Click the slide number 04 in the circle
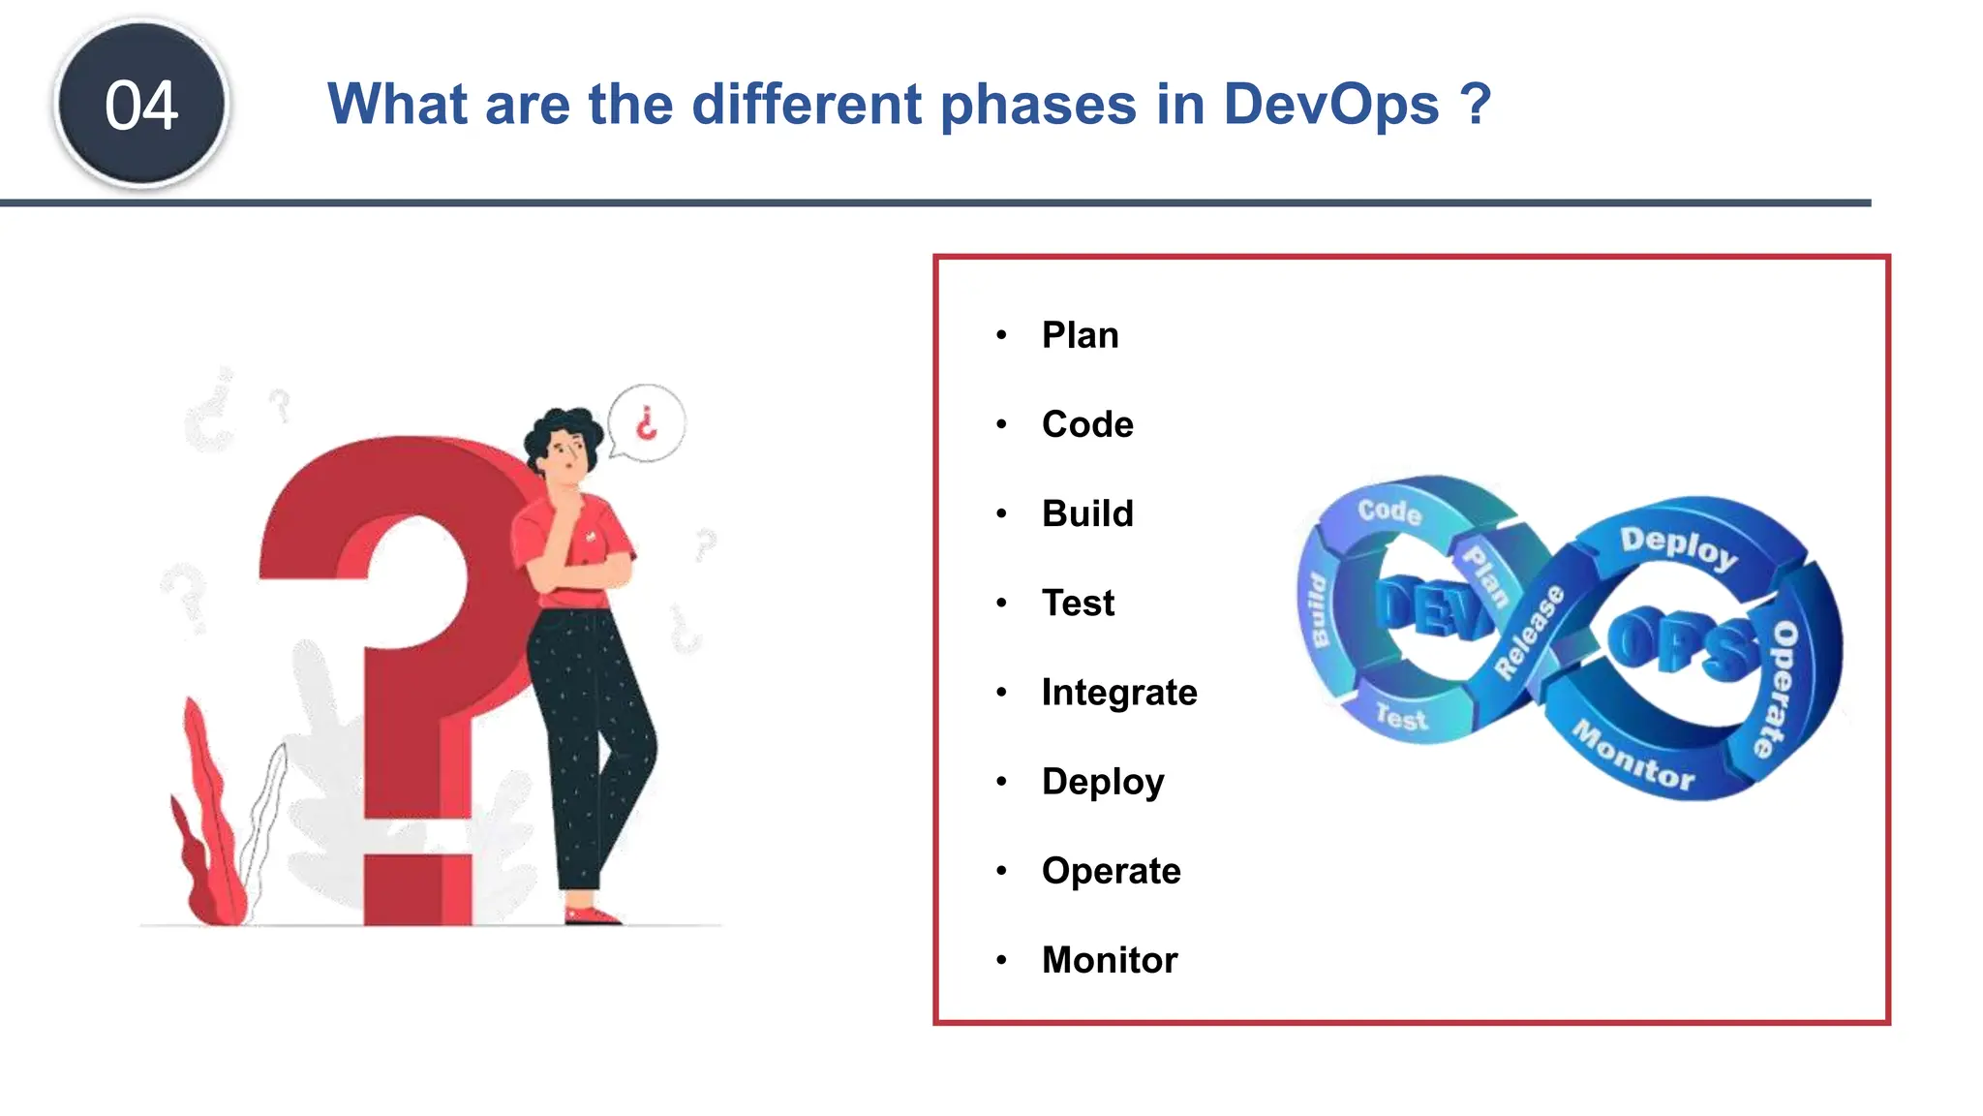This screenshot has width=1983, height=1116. tap(141, 105)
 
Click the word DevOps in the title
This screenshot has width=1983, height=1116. tap(1331, 105)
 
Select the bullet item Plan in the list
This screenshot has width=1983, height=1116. tap(1080, 335)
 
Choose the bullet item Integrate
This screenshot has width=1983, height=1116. tap(1118, 693)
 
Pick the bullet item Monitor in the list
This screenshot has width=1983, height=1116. tap(1109, 960)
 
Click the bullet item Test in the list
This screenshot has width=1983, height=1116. tap(1078, 604)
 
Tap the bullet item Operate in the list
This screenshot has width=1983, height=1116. tap(1111, 871)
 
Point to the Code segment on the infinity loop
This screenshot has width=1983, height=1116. tap(1388, 511)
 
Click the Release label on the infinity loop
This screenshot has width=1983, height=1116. tap(1529, 633)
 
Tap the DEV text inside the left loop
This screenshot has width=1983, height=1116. tap(1431, 608)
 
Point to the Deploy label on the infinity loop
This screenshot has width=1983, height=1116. tap(1678, 547)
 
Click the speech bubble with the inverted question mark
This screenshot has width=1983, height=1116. tap(646, 423)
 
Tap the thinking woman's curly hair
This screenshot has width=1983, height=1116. tap(559, 427)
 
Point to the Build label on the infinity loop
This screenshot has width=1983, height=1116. tap(1317, 610)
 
